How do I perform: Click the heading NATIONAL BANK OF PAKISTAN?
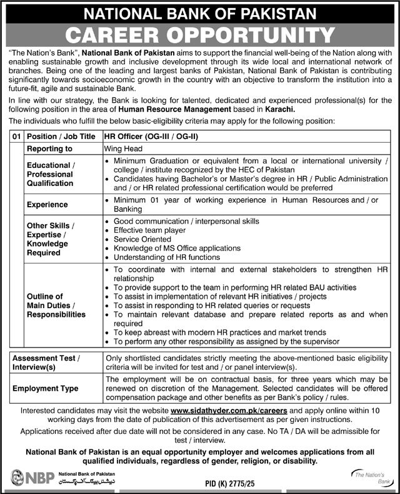199,13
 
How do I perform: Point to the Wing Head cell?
124,149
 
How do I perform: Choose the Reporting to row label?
49,149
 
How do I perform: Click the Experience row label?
47,205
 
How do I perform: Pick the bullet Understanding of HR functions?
166,257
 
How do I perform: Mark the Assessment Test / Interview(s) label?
46,363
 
